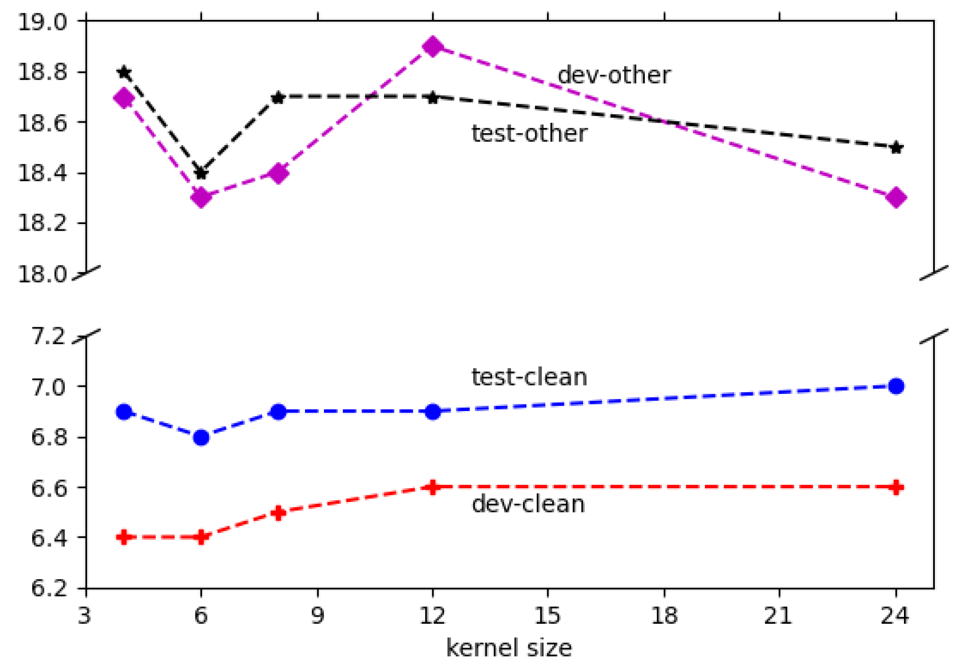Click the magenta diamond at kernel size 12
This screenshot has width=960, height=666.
pyautogui.click(x=433, y=46)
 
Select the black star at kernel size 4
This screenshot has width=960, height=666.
pyautogui.click(x=124, y=72)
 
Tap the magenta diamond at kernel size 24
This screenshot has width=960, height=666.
pyautogui.click(x=896, y=197)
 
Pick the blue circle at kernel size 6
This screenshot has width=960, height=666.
pyautogui.click(x=201, y=438)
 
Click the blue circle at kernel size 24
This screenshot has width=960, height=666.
pyautogui.click(x=896, y=386)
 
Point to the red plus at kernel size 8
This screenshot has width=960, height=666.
pyautogui.click(x=278, y=513)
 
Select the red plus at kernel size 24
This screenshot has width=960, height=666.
pyautogui.click(x=896, y=487)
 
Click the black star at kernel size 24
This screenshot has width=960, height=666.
pyautogui.click(x=896, y=148)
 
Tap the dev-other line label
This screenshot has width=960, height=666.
pyautogui.click(x=614, y=75)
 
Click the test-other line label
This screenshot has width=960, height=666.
pyautogui.click(x=529, y=133)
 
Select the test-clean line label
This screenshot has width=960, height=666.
pyautogui.click(x=529, y=377)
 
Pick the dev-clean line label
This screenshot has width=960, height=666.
pyautogui.click(x=528, y=504)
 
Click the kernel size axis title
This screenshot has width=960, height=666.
pyautogui.click(x=509, y=648)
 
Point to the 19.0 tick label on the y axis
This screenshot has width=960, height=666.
pyautogui.click(x=42, y=22)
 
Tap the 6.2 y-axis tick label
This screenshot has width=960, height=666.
pyautogui.click(x=49, y=588)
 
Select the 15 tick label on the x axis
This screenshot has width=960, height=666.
pyautogui.click(x=547, y=615)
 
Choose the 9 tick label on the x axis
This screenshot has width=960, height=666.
pyautogui.click(x=318, y=615)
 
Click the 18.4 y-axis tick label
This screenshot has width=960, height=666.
pyautogui.click(x=42, y=173)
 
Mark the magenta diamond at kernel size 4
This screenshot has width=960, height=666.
pyautogui.click(x=124, y=97)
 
